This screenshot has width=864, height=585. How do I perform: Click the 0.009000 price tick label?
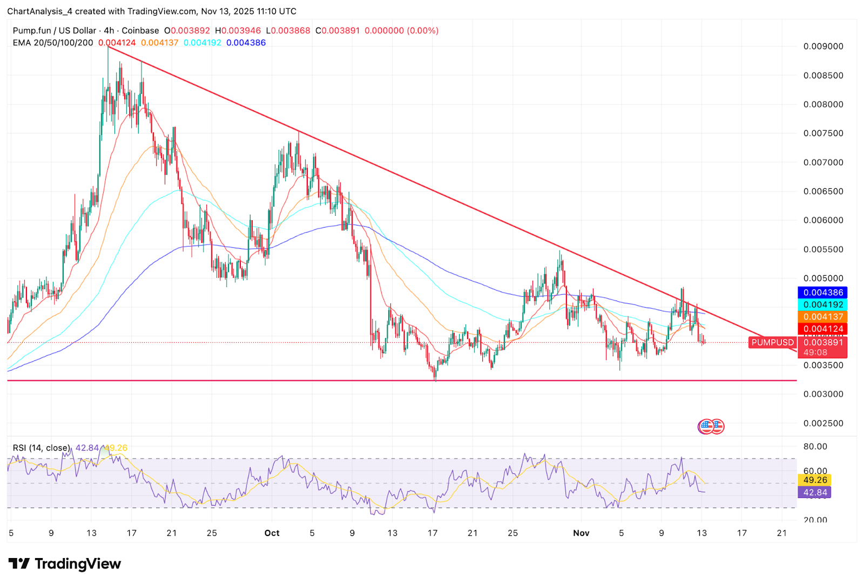(x=823, y=46)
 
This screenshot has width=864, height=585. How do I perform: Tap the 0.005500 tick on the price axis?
(x=823, y=249)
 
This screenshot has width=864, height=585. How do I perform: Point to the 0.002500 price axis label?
(x=823, y=423)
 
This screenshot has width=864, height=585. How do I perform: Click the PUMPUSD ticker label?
(x=773, y=342)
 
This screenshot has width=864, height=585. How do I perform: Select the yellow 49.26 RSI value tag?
(x=815, y=480)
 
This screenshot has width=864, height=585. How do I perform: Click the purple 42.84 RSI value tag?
(x=815, y=492)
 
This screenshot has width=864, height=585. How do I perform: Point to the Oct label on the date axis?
(x=272, y=533)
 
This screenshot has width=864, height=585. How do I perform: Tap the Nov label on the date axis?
(x=581, y=533)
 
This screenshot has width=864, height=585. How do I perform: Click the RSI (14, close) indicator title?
(x=42, y=448)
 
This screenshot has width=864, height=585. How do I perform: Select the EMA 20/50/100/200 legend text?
(x=53, y=43)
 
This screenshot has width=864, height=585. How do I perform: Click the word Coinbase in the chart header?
(x=140, y=31)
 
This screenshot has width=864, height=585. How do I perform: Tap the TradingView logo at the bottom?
(x=65, y=564)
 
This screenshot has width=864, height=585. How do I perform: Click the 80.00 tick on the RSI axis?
(x=815, y=446)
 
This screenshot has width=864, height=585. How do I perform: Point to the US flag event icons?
(x=711, y=427)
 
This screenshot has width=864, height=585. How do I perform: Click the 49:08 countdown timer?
(x=815, y=352)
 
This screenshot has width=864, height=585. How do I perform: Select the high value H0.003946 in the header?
(x=238, y=31)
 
